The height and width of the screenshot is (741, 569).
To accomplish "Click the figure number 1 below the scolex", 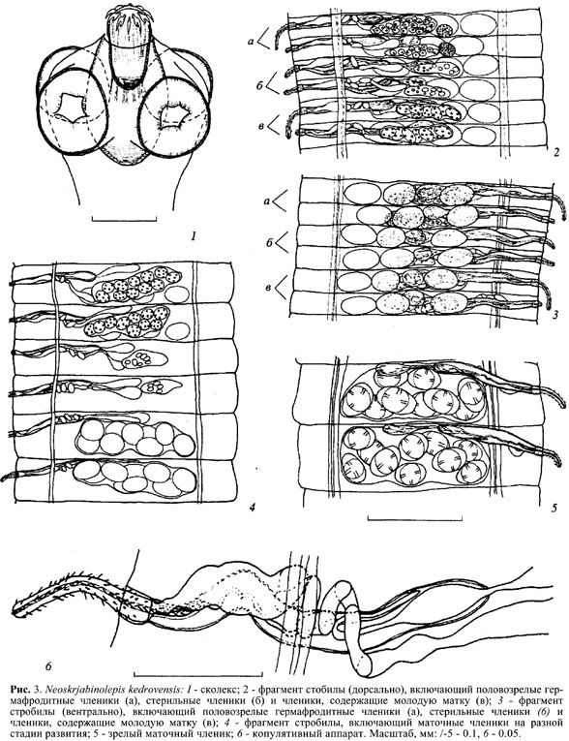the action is pos(193,235).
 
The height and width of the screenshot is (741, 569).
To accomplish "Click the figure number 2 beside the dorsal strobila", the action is pos(556,152).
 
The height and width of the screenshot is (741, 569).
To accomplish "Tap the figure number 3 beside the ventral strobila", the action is pos(556,314).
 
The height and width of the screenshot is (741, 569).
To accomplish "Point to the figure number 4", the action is pos(252,508).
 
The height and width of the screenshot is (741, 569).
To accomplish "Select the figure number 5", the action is pos(554,508).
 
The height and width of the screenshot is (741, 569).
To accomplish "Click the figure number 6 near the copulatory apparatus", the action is pos(48,666).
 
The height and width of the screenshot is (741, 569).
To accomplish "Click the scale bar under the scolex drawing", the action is pos(124,218).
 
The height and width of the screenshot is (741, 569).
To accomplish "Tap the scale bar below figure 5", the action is pos(414,518).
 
